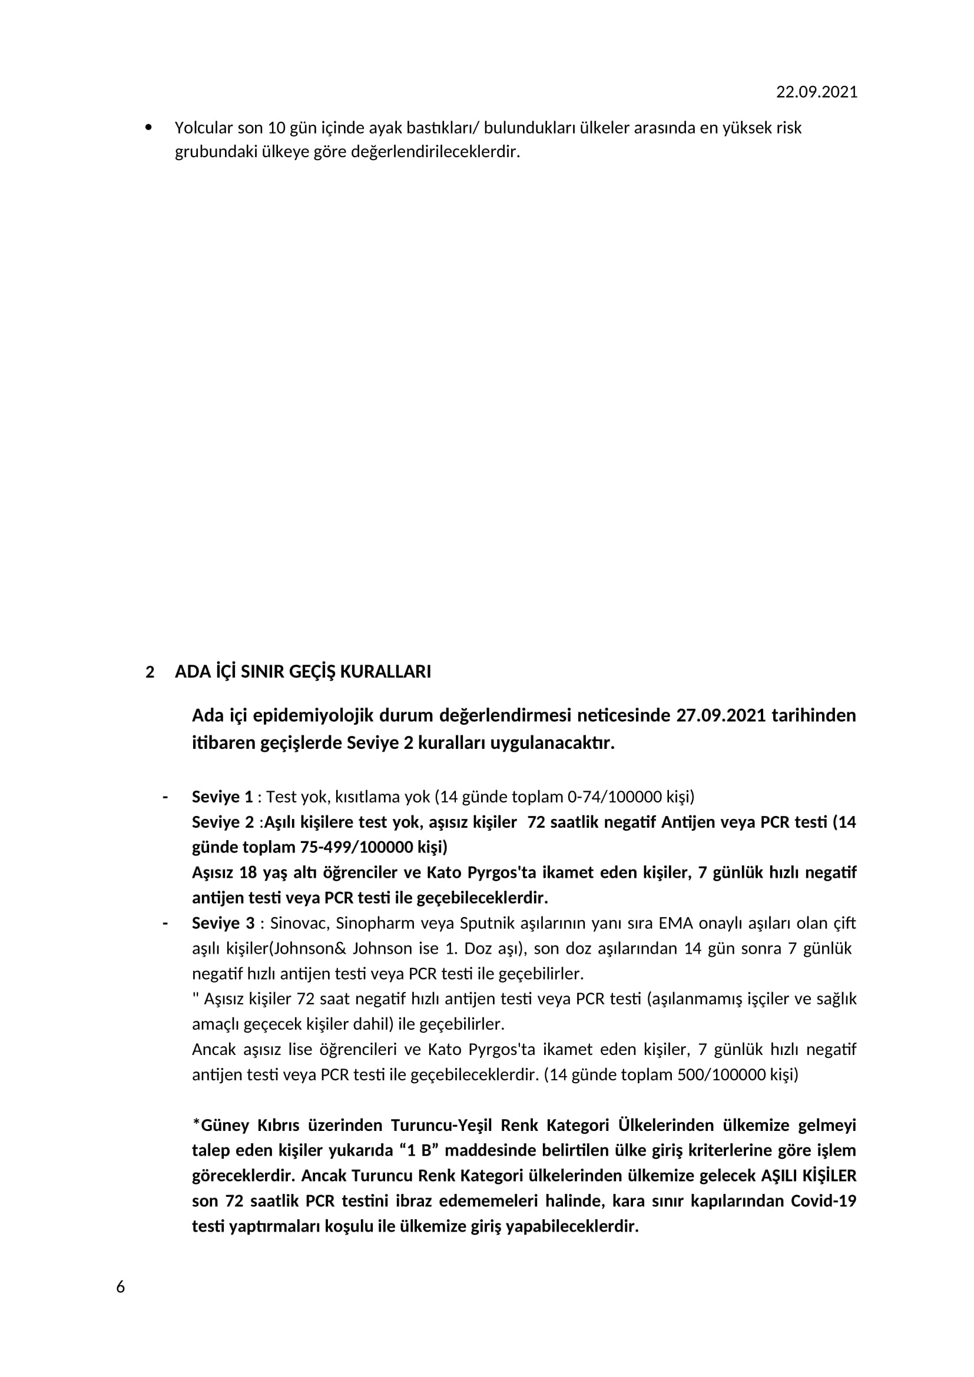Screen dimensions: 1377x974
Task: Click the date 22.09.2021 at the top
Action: [x=816, y=92]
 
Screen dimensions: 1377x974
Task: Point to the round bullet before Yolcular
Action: [x=149, y=127]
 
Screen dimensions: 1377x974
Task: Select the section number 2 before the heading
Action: [x=150, y=672]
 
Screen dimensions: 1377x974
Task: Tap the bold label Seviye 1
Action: [x=222, y=797]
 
